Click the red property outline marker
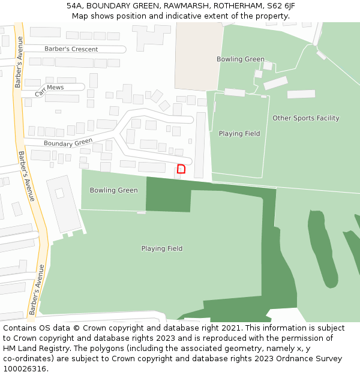click(181, 169)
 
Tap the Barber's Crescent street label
click(71, 49)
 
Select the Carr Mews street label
click(49, 90)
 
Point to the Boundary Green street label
click(68, 143)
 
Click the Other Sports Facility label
click(306, 118)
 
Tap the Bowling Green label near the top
click(241, 59)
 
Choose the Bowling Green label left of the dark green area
click(113, 190)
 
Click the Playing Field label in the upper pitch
click(239, 134)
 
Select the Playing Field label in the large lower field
click(162, 248)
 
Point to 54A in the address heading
click(74, 6)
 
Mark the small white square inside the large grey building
click(59, 193)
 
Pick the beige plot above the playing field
click(199, 56)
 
